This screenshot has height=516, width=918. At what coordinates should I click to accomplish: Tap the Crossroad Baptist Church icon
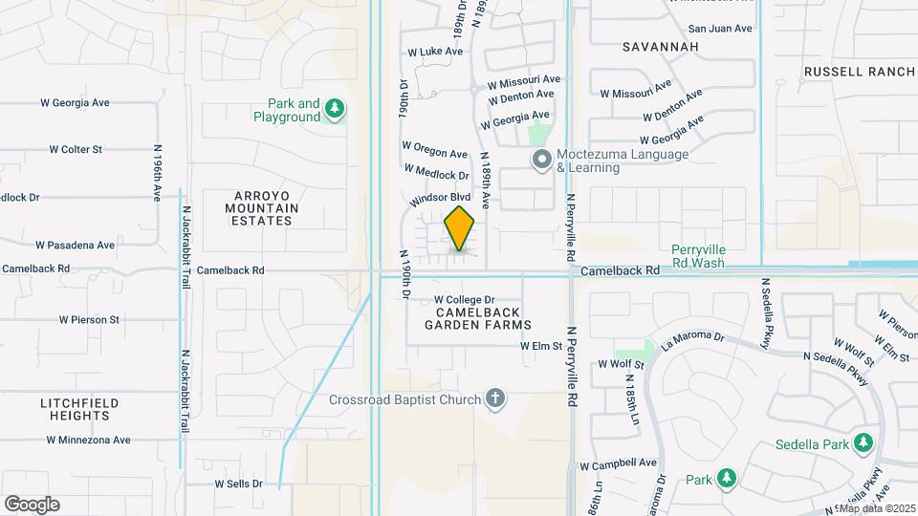click(494, 398)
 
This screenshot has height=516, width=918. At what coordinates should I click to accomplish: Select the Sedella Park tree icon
click(863, 442)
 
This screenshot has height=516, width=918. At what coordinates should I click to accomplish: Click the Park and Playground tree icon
click(334, 110)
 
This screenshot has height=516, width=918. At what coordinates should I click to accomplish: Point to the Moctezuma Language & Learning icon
click(541, 161)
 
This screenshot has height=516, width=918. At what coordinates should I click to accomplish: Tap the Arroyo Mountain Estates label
click(261, 207)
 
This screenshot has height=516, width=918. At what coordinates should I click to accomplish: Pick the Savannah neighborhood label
click(660, 46)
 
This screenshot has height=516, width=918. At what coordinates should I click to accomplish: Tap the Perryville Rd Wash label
click(698, 255)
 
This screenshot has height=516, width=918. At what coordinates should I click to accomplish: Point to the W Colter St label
click(76, 149)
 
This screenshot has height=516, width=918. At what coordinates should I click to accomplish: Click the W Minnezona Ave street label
click(88, 440)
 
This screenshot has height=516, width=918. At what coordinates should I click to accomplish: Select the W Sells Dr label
click(238, 484)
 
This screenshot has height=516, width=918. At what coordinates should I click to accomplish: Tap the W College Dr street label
click(464, 299)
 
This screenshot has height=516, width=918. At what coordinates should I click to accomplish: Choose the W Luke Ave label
click(427, 52)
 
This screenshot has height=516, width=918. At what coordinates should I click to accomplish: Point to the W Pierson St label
click(88, 319)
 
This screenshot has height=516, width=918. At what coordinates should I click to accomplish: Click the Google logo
click(32, 504)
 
